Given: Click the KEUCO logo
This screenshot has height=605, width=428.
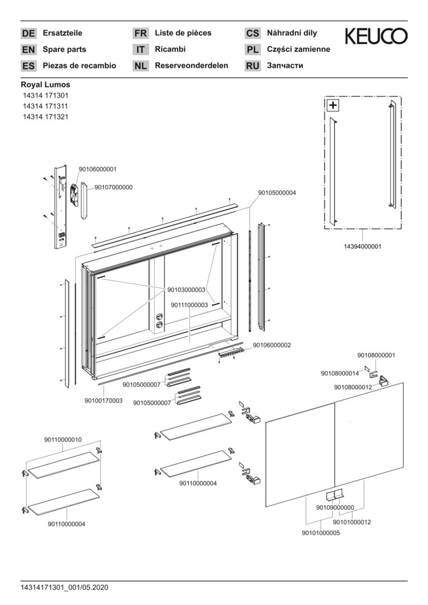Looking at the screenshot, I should pyautogui.click(x=376, y=36).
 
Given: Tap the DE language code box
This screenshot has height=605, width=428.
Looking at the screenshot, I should pyautogui.click(x=28, y=34).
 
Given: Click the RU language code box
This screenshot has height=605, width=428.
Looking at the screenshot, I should pyautogui.click(x=253, y=66).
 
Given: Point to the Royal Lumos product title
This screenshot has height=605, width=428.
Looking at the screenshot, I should pyautogui.click(x=45, y=85).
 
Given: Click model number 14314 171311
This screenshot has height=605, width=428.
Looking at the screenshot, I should pyautogui.click(x=45, y=106).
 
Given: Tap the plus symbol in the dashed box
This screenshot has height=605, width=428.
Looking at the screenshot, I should pyautogui.click(x=333, y=105).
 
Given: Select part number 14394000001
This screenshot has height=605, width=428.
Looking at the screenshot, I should pyautogui.click(x=363, y=246).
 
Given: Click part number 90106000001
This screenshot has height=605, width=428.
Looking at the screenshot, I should pyautogui.click(x=98, y=169).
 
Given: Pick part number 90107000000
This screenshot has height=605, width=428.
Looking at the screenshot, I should pyautogui.click(x=114, y=187).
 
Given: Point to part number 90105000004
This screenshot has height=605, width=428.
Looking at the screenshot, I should pyautogui.click(x=277, y=192).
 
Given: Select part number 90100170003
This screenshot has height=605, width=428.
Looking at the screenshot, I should pyautogui.click(x=104, y=401).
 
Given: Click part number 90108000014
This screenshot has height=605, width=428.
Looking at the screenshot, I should pyautogui.click(x=340, y=373).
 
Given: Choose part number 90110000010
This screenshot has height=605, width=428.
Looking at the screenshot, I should pyautogui.click(x=63, y=440).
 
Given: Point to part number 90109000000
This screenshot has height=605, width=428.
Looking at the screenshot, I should pyautogui.click(x=335, y=508).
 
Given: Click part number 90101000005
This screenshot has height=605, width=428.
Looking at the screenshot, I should pyautogui.click(x=320, y=533).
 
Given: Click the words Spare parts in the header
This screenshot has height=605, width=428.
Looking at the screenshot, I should pyautogui.click(x=64, y=49).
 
